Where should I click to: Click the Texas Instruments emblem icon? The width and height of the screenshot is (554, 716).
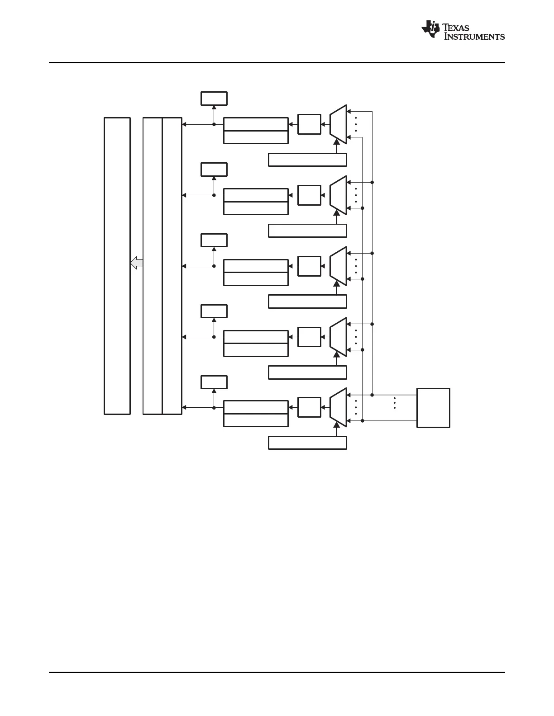430,29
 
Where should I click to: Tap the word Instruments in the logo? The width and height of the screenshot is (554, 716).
474,37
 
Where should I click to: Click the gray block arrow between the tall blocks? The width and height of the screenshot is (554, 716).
137,263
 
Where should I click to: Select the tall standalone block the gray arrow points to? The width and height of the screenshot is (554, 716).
117,266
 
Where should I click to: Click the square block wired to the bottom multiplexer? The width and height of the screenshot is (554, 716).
433,408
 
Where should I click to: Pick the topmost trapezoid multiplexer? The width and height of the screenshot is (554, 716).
338,124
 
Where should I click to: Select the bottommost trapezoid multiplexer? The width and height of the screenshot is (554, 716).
338,407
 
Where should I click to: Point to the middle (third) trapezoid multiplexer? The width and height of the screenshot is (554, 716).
338,266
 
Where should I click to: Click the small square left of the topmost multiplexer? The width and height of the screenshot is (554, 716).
309,124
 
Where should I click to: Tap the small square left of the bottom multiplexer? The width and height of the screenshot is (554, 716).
309,407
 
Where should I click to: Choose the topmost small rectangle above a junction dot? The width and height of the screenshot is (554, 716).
214,99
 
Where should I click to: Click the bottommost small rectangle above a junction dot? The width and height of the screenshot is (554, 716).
214,382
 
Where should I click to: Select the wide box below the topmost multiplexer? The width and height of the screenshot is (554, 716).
307,160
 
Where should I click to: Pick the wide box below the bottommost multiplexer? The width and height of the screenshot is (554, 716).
307,443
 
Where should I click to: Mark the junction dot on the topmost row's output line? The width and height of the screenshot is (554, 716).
214,124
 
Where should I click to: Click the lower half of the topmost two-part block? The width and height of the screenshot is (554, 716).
256,137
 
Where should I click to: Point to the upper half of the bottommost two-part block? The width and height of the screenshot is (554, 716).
256,407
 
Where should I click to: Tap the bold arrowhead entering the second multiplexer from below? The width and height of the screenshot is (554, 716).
336,213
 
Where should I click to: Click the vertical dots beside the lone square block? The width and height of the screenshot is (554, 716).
395,403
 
